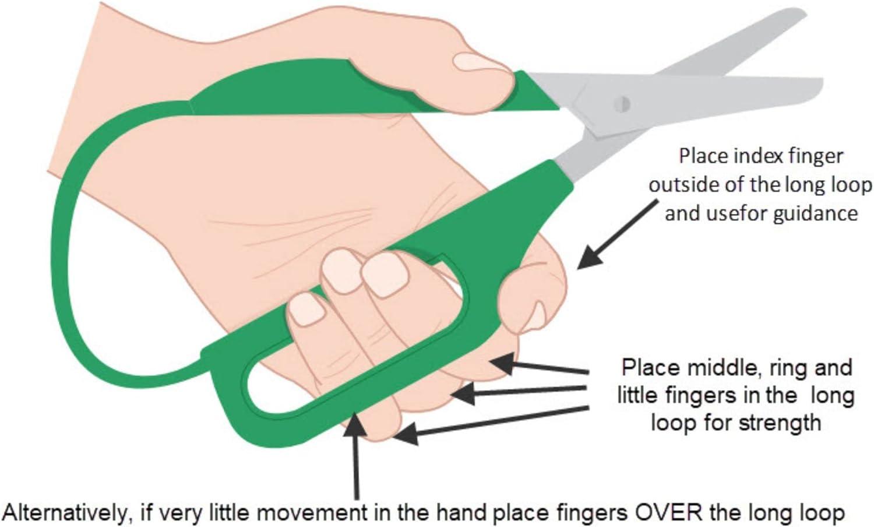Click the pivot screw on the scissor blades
[622, 104]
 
